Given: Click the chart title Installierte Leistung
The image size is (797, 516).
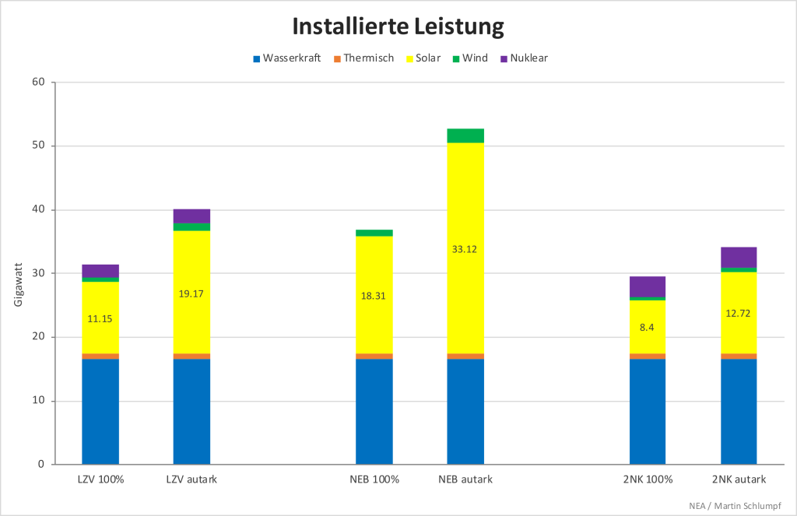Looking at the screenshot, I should (x=398, y=26).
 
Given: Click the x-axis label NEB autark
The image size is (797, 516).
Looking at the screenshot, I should (x=465, y=479).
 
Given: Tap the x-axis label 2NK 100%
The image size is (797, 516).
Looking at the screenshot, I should (x=648, y=479).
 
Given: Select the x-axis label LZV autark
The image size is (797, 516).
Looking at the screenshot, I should (x=191, y=479).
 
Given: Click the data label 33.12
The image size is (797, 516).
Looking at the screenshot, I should (x=465, y=249).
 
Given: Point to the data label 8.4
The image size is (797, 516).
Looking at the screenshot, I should (x=648, y=328).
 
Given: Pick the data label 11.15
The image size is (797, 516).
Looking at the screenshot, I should (x=100, y=318).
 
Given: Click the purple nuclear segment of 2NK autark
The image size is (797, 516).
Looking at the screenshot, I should (x=739, y=257).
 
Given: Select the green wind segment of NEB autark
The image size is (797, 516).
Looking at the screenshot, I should (x=465, y=135).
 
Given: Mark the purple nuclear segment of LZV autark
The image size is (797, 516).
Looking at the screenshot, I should (x=191, y=216).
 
